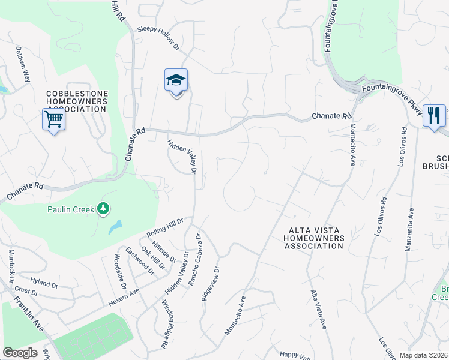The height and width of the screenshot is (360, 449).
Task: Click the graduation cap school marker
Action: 176,80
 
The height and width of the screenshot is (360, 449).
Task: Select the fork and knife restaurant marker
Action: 433,115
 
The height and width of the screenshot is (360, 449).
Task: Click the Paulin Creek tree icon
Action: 104,208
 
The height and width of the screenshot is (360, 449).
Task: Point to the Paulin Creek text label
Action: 71,209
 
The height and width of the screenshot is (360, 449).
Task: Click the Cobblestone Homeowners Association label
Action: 78,101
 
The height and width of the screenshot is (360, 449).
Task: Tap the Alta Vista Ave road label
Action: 318,310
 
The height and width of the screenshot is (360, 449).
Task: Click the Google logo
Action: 20,353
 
